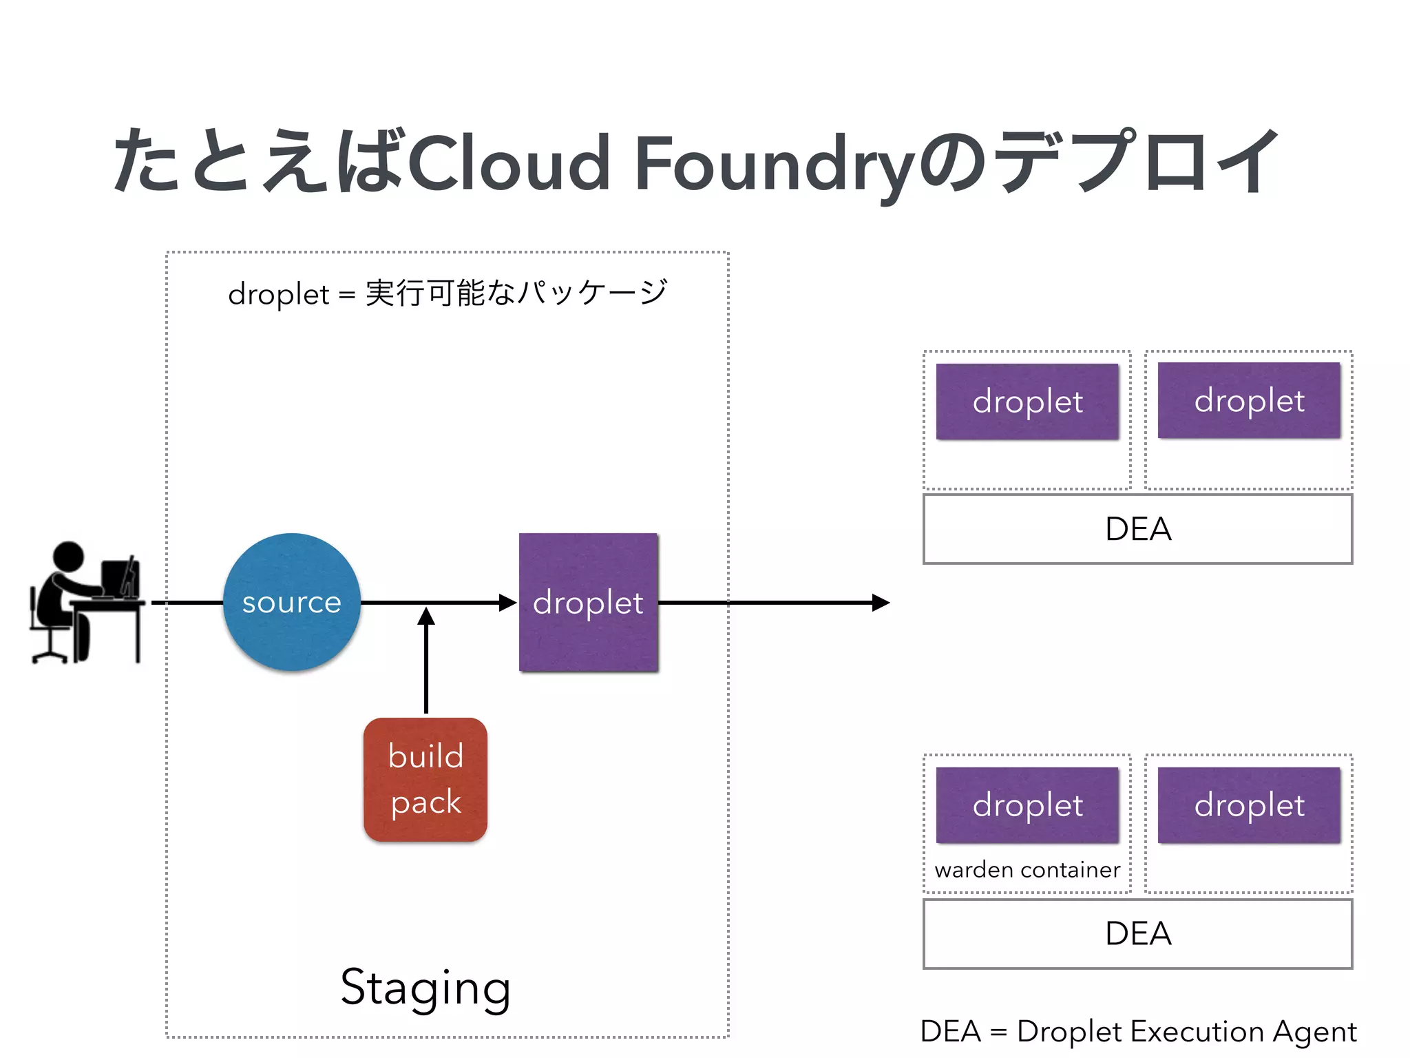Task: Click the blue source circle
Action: (x=292, y=602)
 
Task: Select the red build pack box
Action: (x=425, y=779)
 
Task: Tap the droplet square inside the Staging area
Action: (x=589, y=602)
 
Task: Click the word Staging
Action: (x=425, y=988)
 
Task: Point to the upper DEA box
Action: (x=1137, y=529)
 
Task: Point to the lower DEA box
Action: (x=1137, y=933)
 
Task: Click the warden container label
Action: (x=1027, y=870)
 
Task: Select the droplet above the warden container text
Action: (x=1027, y=805)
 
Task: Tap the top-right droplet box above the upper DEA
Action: (x=1249, y=400)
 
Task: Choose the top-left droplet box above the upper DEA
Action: (x=1027, y=401)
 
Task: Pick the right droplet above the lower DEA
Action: (x=1249, y=805)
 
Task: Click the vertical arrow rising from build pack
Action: (x=426, y=661)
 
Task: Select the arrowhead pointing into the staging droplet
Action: (x=508, y=603)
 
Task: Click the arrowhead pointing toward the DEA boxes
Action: (x=881, y=603)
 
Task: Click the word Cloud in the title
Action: (x=509, y=164)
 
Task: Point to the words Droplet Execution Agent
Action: (x=1186, y=1031)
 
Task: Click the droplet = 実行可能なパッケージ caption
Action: (x=448, y=293)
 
